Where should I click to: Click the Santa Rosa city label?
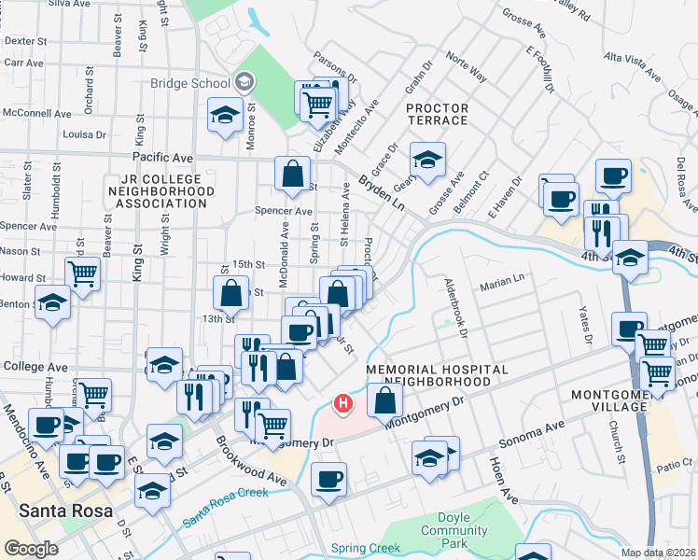(65, 511)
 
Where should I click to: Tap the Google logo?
(31, 549)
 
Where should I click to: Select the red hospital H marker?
(343, 404)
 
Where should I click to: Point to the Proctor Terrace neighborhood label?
(437, 114)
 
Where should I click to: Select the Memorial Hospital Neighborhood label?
(437, 375)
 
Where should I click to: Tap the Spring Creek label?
(366, 548)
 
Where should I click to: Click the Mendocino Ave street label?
(24, 437)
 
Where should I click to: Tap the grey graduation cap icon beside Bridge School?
(244, 82)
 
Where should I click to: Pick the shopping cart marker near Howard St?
(83, 274)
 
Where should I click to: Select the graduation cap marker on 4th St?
(631, 255)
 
